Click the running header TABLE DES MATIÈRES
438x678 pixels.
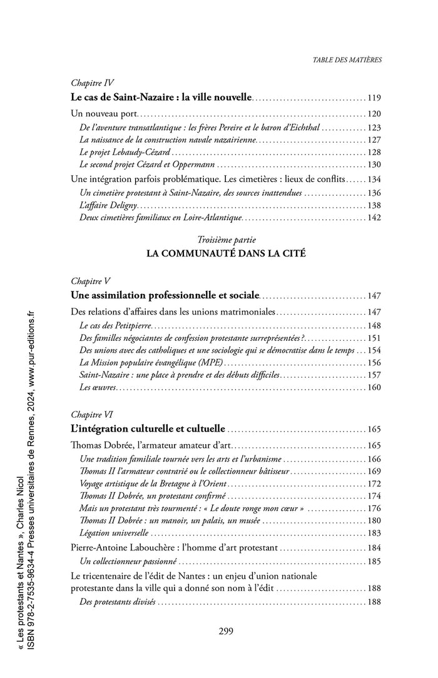coord(347,60)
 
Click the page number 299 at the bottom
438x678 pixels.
coord(226,630)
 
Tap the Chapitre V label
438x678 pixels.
coord(91,280)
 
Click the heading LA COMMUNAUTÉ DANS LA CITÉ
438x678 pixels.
coord(226,254)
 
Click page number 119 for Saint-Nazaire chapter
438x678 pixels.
coord(374,98)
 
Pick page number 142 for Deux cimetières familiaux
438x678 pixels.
coord(374,218)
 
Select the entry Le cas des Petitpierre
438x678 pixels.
coord(116,325)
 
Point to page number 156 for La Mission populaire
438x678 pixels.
coord(374,363)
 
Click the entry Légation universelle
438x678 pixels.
coord(115,534)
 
